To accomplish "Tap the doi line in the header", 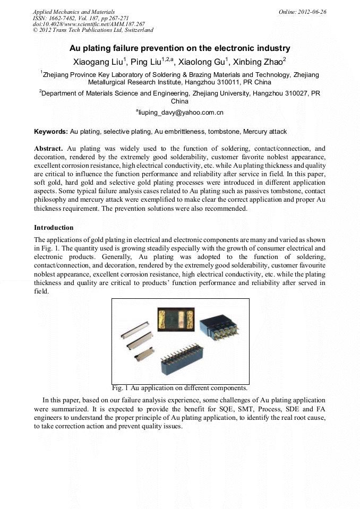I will coord(89,24).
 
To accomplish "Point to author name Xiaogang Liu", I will coord(98,62).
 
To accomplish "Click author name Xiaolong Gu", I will coord(202,62).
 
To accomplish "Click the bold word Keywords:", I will coord(51,131).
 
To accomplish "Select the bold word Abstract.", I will coord(49,149).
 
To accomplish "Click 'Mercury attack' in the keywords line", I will coord(265,131).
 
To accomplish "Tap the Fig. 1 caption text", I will coord(179,388).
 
